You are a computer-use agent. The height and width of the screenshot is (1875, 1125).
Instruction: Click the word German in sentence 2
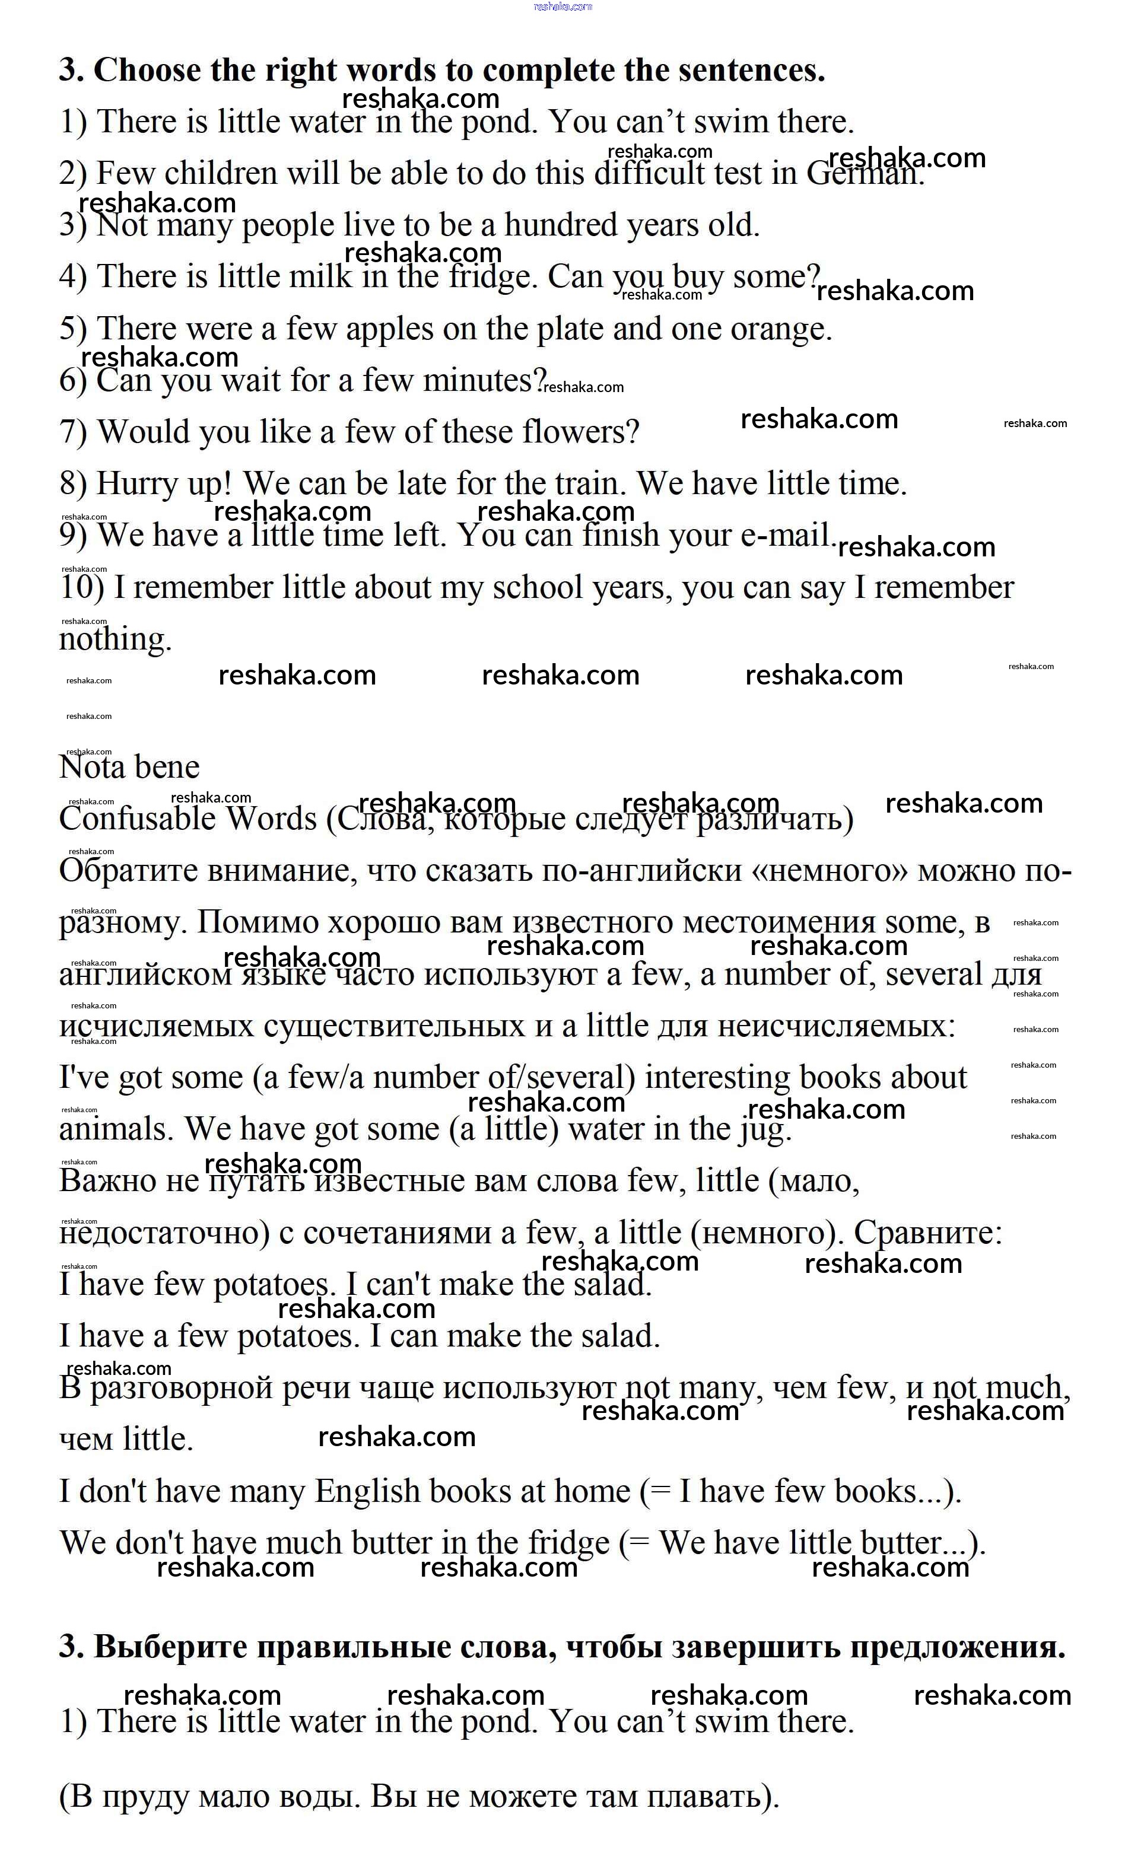tap(864, 174)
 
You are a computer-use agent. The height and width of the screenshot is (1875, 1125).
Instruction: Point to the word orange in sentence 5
tap(780, 329)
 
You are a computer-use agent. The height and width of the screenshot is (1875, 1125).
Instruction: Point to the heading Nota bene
tap(129, 767)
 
